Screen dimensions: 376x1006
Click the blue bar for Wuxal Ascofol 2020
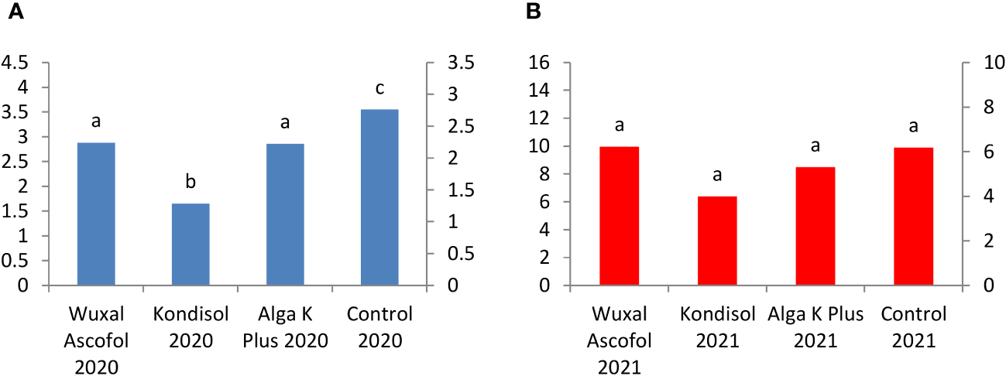coord(96,214)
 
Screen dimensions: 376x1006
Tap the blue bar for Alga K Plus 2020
coord(285,214)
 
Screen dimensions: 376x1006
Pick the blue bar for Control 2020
coord(379,197)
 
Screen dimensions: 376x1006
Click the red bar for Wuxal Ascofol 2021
coord(620,216)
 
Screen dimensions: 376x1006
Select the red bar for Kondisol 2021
coord(717,241)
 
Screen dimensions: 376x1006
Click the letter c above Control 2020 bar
coord(379,88)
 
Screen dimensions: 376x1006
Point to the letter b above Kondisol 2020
coord(191,183)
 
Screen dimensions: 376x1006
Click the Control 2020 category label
coord(379,327)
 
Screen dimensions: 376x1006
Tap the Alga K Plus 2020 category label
coord(285,327)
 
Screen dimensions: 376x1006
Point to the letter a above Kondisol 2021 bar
coord(717,175)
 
